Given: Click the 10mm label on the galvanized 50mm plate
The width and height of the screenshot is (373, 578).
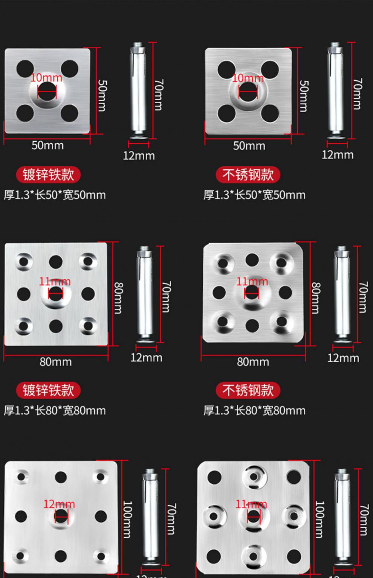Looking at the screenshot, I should point(46,78).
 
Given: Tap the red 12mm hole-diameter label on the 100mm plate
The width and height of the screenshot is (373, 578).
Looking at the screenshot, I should point(59,504).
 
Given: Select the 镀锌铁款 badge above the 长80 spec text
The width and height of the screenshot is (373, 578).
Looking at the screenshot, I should point(48,390).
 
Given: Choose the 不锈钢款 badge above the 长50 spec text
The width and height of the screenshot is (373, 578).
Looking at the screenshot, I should point(248,175).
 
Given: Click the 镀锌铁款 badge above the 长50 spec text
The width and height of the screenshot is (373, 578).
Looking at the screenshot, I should point(48,175).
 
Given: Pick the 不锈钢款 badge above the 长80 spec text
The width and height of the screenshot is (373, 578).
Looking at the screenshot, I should point(248,390).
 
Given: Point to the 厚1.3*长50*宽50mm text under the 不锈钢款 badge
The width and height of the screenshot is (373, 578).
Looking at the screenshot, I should point(254,195).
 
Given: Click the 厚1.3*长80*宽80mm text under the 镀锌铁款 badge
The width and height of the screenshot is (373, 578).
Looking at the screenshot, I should point(55,411).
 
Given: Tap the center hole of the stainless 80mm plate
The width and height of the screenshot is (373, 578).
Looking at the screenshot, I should point(252,293).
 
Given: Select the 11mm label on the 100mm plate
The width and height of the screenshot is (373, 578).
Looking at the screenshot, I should point(251,504).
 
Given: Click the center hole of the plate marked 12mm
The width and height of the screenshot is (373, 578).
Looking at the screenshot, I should point(61,516).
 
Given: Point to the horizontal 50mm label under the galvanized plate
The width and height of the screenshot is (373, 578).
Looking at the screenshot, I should point(47,146).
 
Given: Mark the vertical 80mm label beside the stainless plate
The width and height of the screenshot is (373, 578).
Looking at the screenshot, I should point(316,298).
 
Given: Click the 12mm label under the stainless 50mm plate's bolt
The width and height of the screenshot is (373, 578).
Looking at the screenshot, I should point(337,155).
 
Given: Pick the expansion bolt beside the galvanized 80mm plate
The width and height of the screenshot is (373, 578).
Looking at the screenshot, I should point(144,294).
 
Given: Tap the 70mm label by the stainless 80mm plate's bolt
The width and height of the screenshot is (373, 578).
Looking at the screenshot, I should point(362,297).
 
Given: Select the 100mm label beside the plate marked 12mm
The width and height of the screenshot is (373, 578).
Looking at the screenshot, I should point(127,519).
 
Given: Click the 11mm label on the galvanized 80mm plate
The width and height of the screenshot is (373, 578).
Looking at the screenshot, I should point(55,281).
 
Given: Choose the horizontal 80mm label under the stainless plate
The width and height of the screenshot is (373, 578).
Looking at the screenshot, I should point(253,362).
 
